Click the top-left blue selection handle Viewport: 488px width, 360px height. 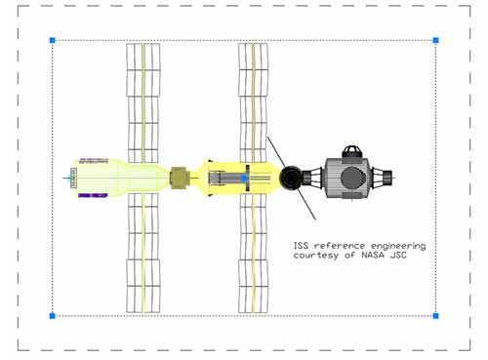(53, 40)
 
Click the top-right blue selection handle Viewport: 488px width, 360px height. (435, 40)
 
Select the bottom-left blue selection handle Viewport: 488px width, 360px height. (53, 316)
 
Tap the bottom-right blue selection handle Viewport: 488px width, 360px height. (435, 316)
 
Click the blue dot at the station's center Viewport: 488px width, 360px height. (244, 179)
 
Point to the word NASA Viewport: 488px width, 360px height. (373, 255)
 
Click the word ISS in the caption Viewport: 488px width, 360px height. (301, 245)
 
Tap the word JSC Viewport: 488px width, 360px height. (398, 255)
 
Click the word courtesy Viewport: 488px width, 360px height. (316, 256)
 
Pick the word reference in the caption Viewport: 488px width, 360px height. (340, 246)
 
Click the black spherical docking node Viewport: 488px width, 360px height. (291, 178)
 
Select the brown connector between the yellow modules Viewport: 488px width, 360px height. (180, 178)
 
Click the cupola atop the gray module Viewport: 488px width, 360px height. (353, 152)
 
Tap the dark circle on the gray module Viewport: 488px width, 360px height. (353, 178)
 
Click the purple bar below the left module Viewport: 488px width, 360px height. (93, 195)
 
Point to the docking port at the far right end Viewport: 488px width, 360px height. (387, 178)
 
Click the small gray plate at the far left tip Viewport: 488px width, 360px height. (73, 178)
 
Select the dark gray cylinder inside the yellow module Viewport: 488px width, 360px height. (227, 179)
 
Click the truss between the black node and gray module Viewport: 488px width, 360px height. (312, 178)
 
